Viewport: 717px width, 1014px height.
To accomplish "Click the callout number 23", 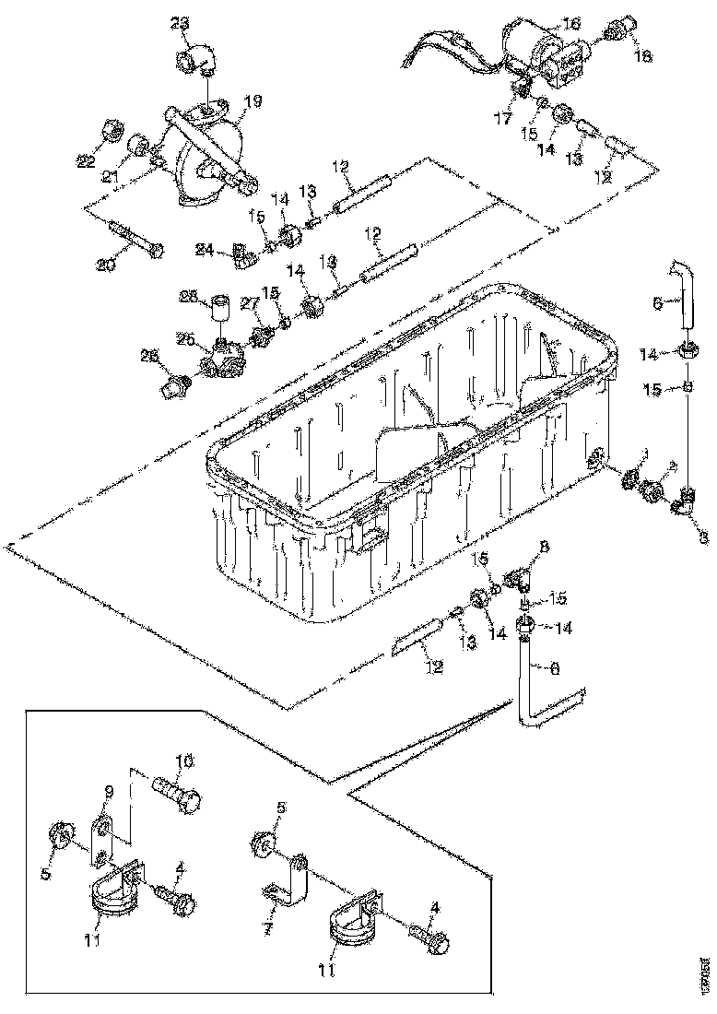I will coord(178,22).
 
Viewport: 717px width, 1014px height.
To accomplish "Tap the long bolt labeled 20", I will coord(136,238).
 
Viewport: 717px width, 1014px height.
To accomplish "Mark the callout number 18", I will coord(642,56).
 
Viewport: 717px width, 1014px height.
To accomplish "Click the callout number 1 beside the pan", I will coord(644,453).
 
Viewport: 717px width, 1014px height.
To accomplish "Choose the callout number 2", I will coord(672,466).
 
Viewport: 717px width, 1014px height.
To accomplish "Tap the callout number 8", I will coord(543,548).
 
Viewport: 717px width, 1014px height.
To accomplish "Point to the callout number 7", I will coord(265,927).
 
